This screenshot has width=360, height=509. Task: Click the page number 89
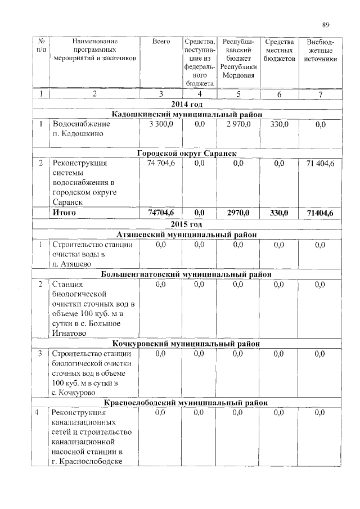click(325, 24)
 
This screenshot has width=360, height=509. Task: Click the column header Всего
click(161, 42)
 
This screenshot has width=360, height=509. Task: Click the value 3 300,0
click(161, 124)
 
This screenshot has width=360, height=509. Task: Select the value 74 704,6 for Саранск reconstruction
click(161, 164)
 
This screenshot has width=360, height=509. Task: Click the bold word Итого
click(64, 213)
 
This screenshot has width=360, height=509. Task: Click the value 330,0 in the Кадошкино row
click(279, 124)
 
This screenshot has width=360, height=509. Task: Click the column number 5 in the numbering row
click(238, 94)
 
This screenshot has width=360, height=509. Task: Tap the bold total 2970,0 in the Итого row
click(238, 213)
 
